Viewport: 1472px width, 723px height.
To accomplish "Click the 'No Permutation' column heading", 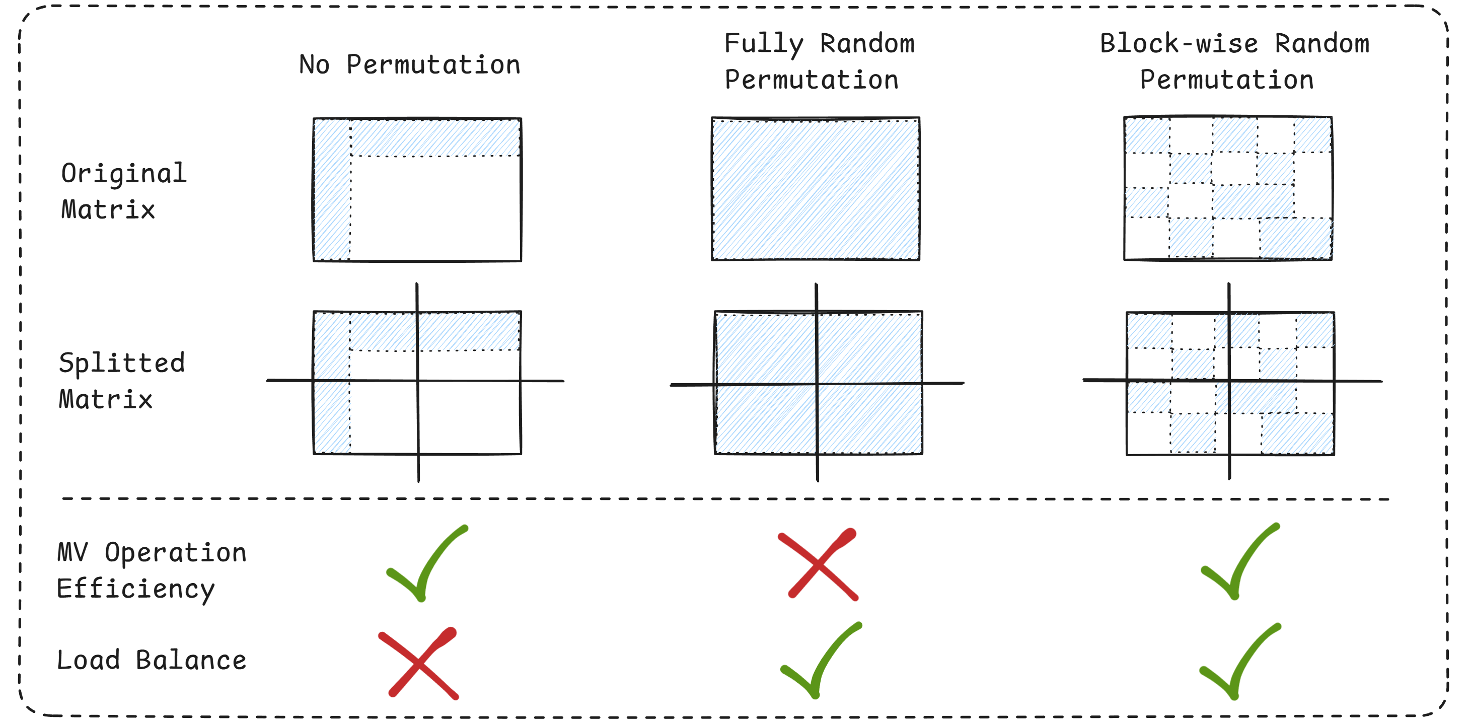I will (x=410, y=64).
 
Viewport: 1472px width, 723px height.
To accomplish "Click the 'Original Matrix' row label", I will (x=123, y=191).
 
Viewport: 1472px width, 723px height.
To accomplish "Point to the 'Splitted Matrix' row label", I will (x=122, y=381).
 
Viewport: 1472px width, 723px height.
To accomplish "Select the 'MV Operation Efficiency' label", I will (x=151, y=570).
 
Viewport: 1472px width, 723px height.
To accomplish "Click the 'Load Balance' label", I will (x=151, y=660).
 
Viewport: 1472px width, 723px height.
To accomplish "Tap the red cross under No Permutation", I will (x=419, y=664).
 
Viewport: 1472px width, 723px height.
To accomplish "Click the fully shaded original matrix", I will (x=816, y=189).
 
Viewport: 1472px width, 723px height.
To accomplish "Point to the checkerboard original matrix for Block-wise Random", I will (x=1227, y=189).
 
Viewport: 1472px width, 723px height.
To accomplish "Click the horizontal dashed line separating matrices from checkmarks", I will (x=726, y=499).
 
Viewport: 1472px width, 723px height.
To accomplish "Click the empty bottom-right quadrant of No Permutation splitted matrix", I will (x=469, y=417).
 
